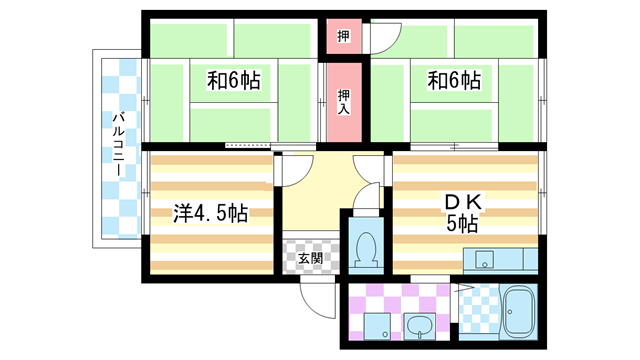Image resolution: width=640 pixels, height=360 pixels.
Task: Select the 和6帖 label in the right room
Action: (x=454, y=79)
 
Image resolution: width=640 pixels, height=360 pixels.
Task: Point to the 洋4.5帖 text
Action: (x=210, y=213)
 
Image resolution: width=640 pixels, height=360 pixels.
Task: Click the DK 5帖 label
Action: (x=462, y=213)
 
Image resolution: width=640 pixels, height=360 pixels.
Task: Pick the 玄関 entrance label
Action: (x=310, y=258)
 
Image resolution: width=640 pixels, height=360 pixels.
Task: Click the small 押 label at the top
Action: (x=343, y=36)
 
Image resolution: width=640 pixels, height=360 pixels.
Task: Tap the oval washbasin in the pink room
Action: (x=418, y=325)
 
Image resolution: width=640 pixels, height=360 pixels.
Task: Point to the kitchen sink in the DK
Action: (x=487, y=263)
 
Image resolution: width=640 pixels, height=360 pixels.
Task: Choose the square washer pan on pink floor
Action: (x=375, y=324)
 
